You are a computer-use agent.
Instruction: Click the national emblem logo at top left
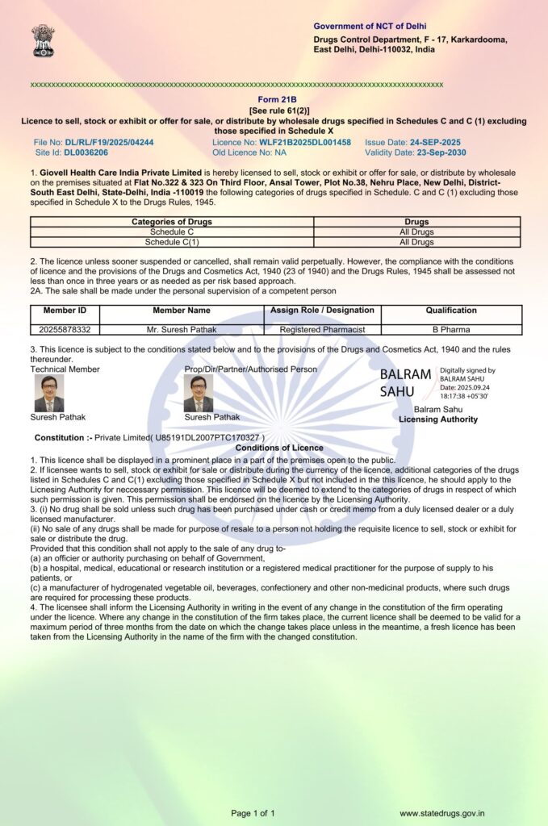[43, 40]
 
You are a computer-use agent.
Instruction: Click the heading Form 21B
[274, 100]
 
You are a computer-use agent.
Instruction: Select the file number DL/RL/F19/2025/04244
[109, 142]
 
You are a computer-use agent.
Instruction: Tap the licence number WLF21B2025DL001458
[304, 142]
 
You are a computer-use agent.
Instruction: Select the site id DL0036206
[86, 152]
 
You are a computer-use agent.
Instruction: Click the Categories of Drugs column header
[172, 222]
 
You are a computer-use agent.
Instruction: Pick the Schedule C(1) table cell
[172, 242]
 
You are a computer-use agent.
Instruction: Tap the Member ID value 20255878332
[65, 329]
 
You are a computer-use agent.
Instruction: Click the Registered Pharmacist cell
[322, 329]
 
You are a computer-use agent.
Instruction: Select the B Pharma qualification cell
[451, 329]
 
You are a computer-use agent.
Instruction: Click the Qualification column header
[451, 311]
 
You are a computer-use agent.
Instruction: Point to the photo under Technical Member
[48, 393]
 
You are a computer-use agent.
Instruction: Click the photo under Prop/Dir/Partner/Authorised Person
[199, 393]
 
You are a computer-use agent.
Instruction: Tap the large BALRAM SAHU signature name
[405, 383]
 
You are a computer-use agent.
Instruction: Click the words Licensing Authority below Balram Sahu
[437, 419]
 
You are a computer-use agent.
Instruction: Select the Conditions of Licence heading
[279, 448]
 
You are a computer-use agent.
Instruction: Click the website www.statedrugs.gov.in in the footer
[441, 813]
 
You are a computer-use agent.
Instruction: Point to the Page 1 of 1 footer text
[253, 813]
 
